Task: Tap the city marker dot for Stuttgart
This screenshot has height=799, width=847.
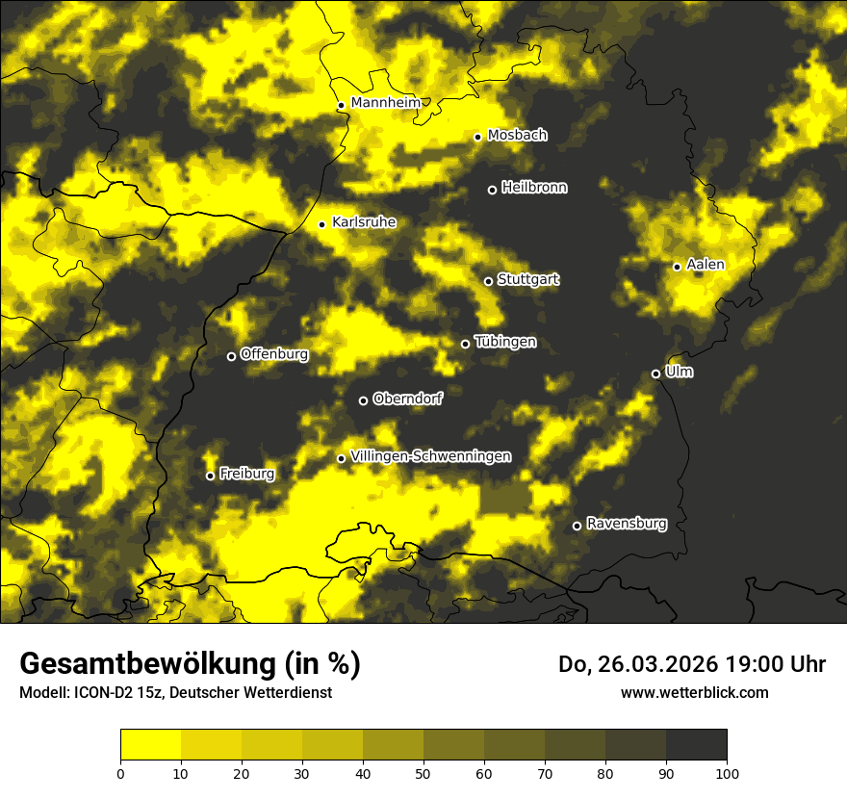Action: coord(488,281)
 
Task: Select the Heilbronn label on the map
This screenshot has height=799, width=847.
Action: coord(534,188)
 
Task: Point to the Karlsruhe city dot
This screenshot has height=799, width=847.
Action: coord(321,225)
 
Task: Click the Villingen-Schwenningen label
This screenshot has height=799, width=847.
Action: coord(430,456)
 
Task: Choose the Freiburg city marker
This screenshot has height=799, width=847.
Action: coord(210,476)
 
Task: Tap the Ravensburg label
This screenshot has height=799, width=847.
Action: coord(626,524)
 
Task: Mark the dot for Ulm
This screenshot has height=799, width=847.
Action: coord(655,374)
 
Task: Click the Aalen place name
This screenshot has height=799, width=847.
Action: coord(706,265)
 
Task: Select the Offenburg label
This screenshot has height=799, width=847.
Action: coord(274,354)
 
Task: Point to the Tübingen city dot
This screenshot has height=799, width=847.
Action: coord(465,344)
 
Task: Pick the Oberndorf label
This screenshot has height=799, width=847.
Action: coord(407,399)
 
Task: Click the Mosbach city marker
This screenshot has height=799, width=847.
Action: coord(477,137)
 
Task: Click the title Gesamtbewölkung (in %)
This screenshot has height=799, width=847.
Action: coord(190,664)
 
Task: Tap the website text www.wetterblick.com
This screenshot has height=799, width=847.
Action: coord(694,692)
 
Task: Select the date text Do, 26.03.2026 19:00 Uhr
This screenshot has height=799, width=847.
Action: coord(692,664)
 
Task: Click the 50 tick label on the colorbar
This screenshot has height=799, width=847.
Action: coord(423,772)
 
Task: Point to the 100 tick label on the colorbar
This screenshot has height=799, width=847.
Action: coord(727,772)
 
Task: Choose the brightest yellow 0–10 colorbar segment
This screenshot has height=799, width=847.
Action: coord(150,745)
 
